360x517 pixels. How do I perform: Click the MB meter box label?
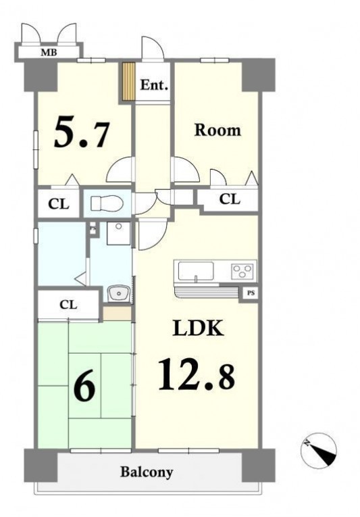click(49, 52)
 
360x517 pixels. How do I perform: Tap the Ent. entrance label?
click(154, 85)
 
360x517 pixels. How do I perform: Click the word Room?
click(217, 130)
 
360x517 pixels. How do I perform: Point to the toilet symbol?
click(107, 203)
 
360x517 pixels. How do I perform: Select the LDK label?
click(199, 328)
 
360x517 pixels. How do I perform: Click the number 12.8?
click(197, 374)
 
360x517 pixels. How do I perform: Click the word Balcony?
click(147, 472)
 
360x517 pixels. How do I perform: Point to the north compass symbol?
click(319, 450)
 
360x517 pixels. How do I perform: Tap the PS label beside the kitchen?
click(251, 293)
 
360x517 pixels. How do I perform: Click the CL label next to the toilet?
click(59, 204)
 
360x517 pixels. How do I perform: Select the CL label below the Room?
click(230, 199)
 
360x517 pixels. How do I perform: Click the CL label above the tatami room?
click(68, 304)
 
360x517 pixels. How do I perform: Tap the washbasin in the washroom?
click(118, 293)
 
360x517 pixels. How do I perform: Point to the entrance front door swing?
click(152, 48)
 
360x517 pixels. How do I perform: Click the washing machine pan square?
click(118, 233)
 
